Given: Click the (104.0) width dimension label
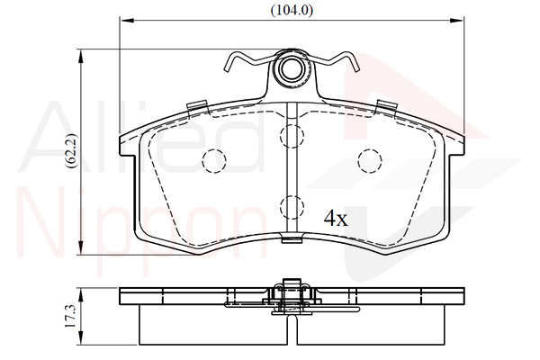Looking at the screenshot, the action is click(292, 11).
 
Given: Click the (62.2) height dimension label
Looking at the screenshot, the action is click(73, 151).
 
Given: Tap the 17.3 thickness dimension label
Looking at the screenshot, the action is click(71, 316).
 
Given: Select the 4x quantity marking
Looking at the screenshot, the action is click(336, 219).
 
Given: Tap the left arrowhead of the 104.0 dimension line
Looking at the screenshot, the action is click(126, 21).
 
